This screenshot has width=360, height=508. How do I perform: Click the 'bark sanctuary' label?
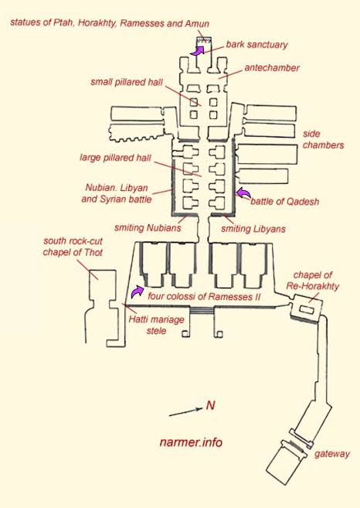click(256, 44)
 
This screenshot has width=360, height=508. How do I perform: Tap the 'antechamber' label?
click(272, 68)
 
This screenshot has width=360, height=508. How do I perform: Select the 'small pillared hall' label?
click(127, 82)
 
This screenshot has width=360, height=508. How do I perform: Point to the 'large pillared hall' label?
click(116, 158)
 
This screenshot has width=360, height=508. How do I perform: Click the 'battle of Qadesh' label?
click(285, 202)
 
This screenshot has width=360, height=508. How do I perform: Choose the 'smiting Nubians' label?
click(148, 228)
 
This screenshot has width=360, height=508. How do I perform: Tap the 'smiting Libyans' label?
click(253, 229)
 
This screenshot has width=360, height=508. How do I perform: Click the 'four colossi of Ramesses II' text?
click(204, 296)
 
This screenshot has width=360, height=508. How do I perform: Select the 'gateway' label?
click(332, 454)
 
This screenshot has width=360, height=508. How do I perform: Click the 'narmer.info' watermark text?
click(191, 442)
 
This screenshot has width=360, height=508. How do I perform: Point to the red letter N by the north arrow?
click(210, 405)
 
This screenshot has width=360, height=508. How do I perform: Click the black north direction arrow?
click(185, 412)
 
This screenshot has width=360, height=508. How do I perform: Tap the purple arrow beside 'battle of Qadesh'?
click(243, 193)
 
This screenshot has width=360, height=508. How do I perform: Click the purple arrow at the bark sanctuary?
click(197, 51)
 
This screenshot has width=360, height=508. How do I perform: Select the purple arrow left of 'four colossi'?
click(138, 292)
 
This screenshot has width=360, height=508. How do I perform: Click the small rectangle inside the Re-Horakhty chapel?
click(307, 310)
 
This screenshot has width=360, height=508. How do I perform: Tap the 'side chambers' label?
click(323, 139)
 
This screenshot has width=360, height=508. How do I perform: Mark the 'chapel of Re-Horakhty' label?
click(312, 281)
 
